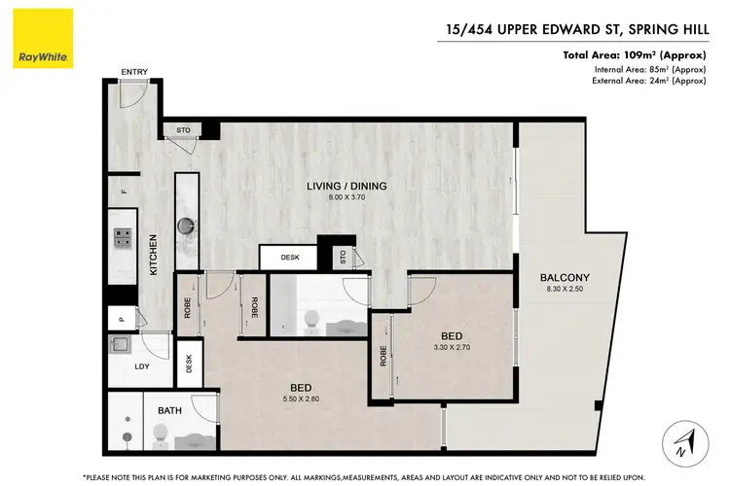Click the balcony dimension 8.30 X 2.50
tap(566, 291)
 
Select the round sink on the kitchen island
tap(186, 226)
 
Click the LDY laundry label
tap(141, 366)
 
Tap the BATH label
tap(169, 411)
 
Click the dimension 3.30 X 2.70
tap(451, 344)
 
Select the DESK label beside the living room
tap(289, 258)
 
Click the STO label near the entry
tap(183, 129)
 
